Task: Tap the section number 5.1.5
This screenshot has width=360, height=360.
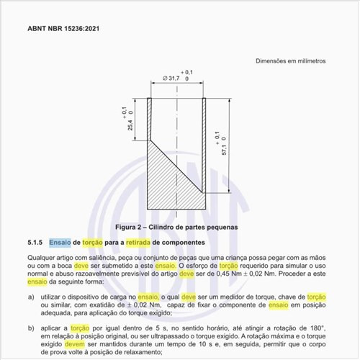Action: [36, 243]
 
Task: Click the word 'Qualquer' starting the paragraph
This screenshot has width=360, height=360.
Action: [40, 257]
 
